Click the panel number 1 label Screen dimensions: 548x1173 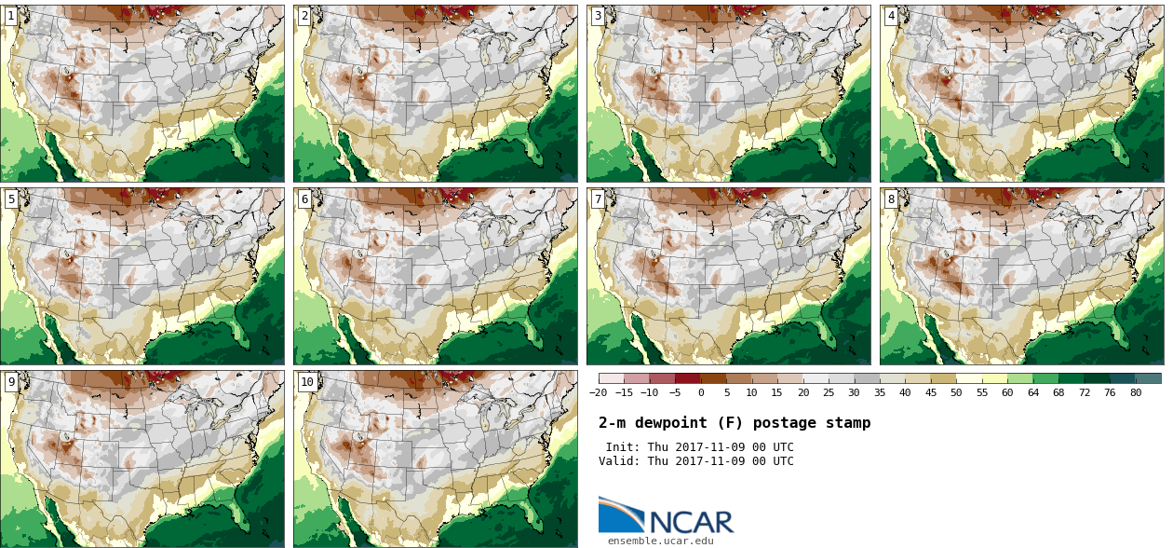pos(11,16)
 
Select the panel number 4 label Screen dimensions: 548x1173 pos(891,16)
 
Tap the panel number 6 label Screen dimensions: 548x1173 pos(304,199)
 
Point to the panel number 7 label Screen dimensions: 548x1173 pos(598,199)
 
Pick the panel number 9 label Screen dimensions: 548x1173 pos(11,382)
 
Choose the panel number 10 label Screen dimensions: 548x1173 pos(307,382)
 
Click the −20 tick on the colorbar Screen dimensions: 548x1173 pos(598,392)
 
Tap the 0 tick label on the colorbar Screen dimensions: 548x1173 pos(701,392)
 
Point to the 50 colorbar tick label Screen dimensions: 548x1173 pos(956,392)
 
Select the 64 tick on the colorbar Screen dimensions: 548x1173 pos(1032,392)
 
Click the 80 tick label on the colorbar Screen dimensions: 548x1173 pos(1135,392)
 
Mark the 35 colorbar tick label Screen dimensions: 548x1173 pos(880,392)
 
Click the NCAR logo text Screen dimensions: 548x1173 pos(692,522)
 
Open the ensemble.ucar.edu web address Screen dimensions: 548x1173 pos(661,541)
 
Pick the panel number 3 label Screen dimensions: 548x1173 pos(598,16)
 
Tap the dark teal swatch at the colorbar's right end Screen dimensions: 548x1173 pos(1148,378)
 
